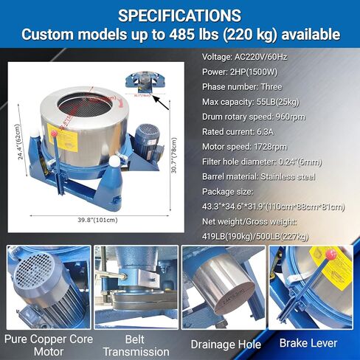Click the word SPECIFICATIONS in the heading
pyautogui.click(x=179, y=15)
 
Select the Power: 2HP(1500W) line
pyautogui.click(x=240, y=72)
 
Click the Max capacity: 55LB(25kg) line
pyautogui.click(x=251, y=102)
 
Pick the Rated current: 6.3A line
pyautogui.click(x=239, y=132)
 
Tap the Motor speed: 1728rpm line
pyautogui.click(x=246, y=147)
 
